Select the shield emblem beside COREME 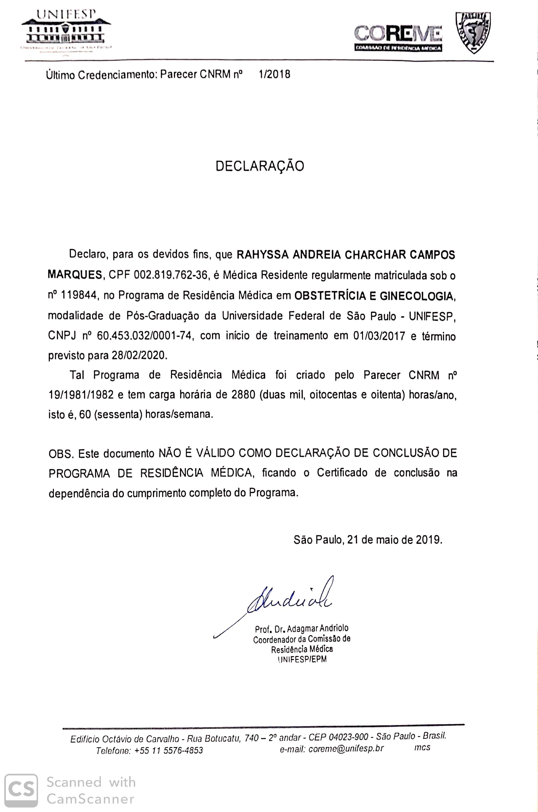472,32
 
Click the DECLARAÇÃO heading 260,166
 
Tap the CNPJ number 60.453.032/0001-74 144,336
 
